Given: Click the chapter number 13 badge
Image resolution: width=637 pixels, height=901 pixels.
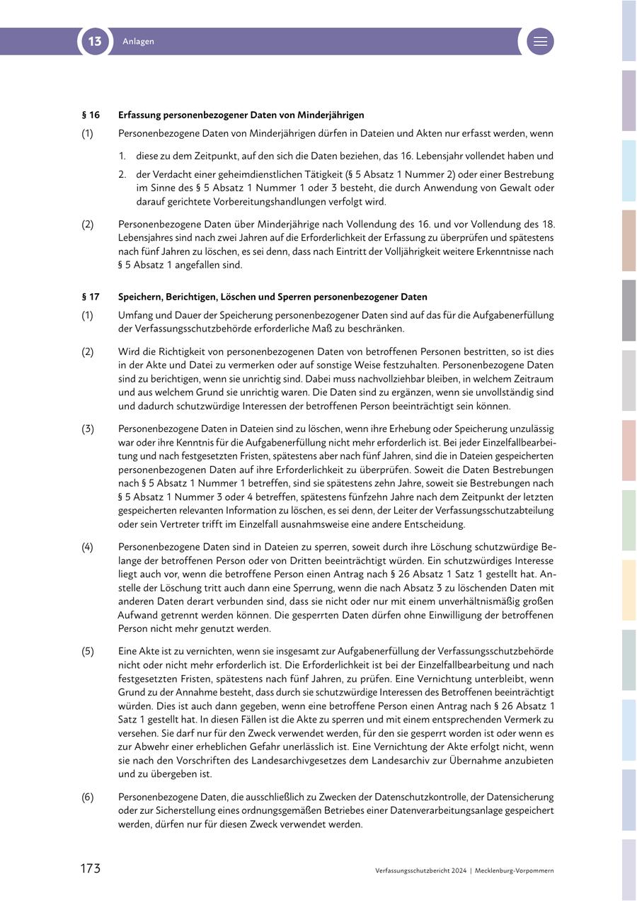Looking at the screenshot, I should (x=95, y=41).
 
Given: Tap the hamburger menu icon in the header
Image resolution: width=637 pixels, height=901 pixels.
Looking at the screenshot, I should (x=540, y=41).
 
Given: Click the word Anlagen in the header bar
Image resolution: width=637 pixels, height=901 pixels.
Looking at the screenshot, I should (x=138, y=41).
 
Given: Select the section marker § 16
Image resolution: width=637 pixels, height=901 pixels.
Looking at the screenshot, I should (x=91, y=115).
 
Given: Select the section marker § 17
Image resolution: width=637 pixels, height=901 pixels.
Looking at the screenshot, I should (x=91, y=297).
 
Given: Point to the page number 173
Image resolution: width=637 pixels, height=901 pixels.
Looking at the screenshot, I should (x=90, y=868).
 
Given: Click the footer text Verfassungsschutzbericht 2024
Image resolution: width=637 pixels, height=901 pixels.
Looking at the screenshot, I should (x=421, y=871).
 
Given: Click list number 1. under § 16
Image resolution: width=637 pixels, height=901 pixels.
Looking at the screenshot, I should (x=122, y=156).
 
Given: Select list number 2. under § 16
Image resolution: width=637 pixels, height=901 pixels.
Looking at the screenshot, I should (x=122, y=174).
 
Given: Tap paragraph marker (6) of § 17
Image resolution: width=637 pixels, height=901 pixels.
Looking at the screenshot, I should (x=87, y=797).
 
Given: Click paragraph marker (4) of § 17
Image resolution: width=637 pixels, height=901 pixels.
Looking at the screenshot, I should (x=87, y=547).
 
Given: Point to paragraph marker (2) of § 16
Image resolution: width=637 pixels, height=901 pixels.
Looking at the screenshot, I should (x=87, y=224).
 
